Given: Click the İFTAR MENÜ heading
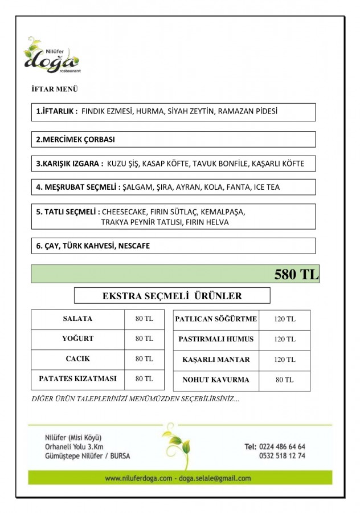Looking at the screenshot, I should (x=55, y=89).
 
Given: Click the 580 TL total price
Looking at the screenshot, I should (x=296, y=274).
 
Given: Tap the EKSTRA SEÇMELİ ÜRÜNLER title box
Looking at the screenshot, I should (x=172, y=296).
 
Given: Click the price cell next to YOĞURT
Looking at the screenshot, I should (x=144, y=339).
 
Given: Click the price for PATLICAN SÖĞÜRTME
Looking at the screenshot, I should (x=284, y=319).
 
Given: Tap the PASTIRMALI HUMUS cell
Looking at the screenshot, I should (x=216, y=339).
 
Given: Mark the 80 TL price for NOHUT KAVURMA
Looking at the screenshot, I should (x=284, y=380).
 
